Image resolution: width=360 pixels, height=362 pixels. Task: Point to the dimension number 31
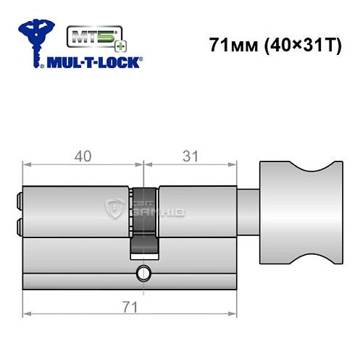[191, 155]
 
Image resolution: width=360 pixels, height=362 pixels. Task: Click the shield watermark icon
[116, 211]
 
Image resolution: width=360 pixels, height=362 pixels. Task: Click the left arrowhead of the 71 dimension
[27, 313]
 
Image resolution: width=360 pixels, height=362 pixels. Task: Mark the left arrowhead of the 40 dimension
[27, 165]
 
